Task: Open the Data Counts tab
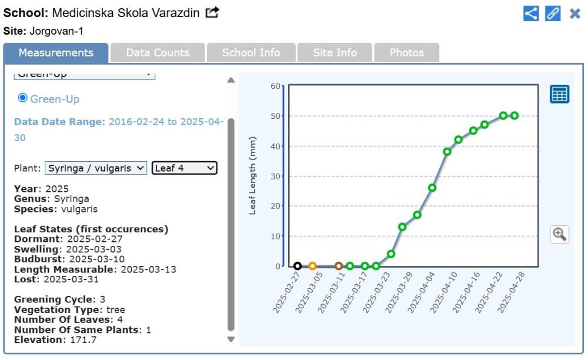click(x=158, y=53)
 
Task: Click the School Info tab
click(x=251, y=53)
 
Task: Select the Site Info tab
click(x=335, y=53)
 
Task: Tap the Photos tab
click(x=406, y=53)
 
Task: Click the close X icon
click(x=575, y=14)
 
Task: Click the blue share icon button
click(x=531, y=14)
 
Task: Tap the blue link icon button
click(x=553, y=14)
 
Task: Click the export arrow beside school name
click(x=212, y=12)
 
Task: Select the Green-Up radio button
click(x=23, y=98)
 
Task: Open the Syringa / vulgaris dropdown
click(x=96, y=168)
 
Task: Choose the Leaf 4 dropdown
click(x=185, y=168)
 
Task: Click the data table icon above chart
click(x=559, y=94)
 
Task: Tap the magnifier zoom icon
click(x=559, y=234)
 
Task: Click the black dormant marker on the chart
click(x=298, y=266)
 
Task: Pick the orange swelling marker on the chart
click(x=312, y=266)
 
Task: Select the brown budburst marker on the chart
click(x=339, y=266)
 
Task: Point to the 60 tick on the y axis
click(x=275, y=86)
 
